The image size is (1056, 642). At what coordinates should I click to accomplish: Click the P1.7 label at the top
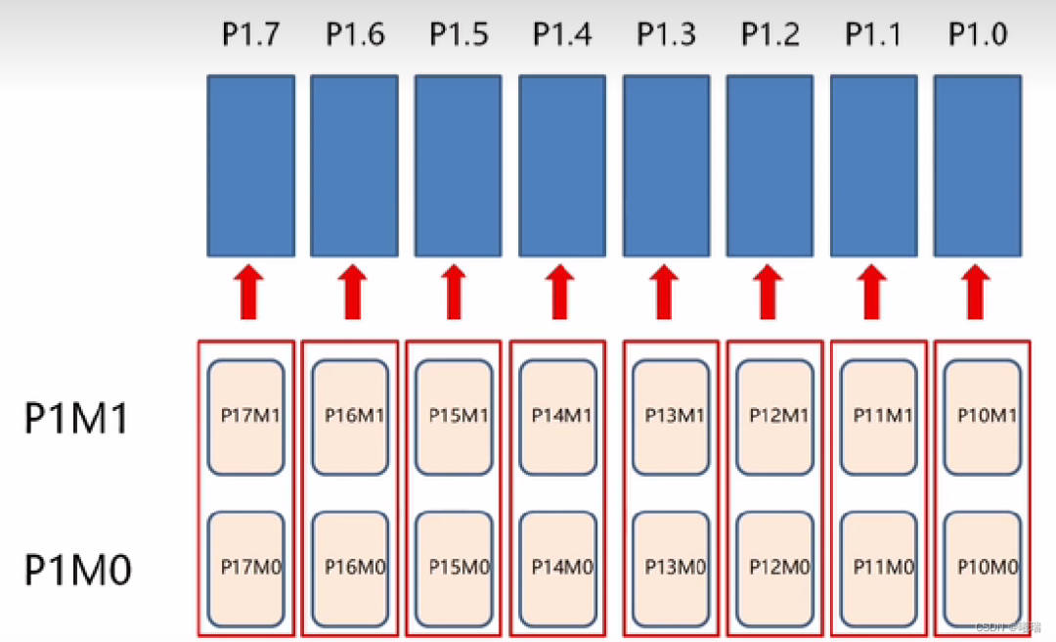coord(250,35)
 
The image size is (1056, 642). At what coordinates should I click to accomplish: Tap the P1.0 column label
coord(977,35)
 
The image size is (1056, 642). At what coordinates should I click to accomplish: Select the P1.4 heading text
coord(562,35)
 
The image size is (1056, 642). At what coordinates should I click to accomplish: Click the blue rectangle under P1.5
coord(458,165)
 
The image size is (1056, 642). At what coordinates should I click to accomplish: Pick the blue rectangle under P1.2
coord(770,165)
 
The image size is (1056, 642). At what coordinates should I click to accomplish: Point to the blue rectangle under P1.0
coord(978,165)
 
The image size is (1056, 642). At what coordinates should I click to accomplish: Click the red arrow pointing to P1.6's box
coord(353,294)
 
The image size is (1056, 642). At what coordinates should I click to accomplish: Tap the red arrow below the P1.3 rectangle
coord(665,294)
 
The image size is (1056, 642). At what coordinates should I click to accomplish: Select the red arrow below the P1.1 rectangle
coord(873,294)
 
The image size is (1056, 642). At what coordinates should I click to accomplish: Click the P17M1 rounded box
coord(250,417)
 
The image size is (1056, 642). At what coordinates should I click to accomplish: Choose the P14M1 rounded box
coord(561,417)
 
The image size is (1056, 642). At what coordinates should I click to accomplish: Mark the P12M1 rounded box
coord(775,417)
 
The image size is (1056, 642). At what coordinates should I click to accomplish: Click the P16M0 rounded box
coord(353,568)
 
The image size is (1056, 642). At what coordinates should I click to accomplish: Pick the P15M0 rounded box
coord(457,568)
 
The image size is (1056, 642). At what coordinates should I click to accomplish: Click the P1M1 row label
coord(77,418)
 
